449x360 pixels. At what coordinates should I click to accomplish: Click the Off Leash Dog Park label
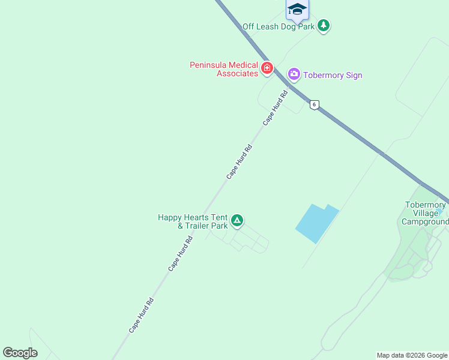click(x=278, y=26)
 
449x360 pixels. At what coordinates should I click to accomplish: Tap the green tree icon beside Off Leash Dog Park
click(x=324, y=25)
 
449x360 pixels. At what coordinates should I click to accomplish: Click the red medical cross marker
click(x=267, y=69)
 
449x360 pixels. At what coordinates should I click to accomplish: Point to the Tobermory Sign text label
click(x=333, y=75)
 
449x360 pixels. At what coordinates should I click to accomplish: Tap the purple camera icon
click(x=294, y=74)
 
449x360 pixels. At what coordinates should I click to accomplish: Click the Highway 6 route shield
click(x=314, y=104)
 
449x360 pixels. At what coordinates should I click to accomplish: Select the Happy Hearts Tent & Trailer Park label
click(x=193, y=221)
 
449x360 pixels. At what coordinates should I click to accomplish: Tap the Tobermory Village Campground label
click(x=425, y=213)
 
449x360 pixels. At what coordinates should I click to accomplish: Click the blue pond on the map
click(x=315, y=223)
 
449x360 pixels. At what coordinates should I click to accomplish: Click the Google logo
click(x=20, y=353)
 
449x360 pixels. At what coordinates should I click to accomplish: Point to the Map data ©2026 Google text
click(x=412, y=355)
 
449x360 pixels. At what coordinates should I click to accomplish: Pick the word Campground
click(x=425, y=221)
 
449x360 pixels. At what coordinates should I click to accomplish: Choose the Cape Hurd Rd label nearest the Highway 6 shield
click(x=276, y=108)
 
